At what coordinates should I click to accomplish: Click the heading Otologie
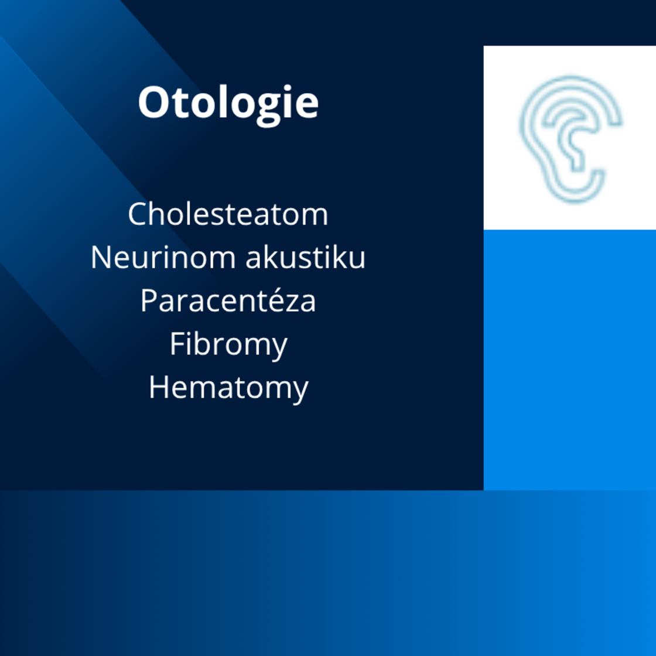[228, 104]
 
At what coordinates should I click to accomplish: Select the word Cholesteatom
[228, 214]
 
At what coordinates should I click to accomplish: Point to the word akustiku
[305, 257]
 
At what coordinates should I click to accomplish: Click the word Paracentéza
[228, 300]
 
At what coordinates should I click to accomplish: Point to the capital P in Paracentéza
[149, 300]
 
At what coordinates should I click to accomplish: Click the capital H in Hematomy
[159, 387]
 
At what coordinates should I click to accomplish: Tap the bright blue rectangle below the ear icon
[570, 360]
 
